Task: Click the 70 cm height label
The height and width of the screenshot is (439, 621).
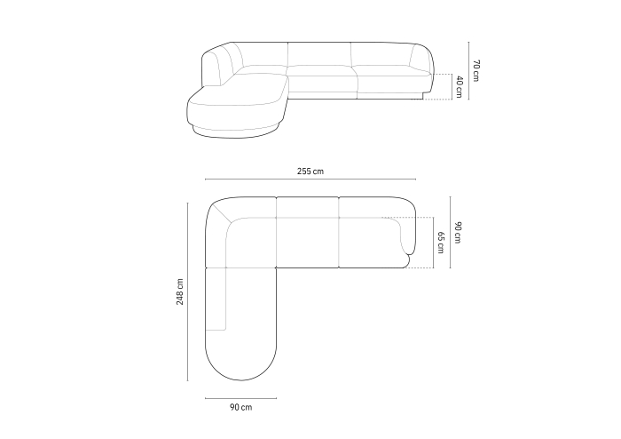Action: point(476,71)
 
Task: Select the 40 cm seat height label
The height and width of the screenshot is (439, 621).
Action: point(459,86)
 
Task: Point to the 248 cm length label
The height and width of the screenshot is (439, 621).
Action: point(179,291)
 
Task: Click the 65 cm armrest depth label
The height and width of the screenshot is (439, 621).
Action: point(441,242)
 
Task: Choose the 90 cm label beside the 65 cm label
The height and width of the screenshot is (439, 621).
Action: point(458,232)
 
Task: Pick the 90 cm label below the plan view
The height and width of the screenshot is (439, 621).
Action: point(240,407)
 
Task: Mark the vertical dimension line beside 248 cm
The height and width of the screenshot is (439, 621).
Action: point(188,291)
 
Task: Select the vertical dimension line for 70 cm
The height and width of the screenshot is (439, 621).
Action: point(468,71)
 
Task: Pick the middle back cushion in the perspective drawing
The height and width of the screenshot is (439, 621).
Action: point(320,54)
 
